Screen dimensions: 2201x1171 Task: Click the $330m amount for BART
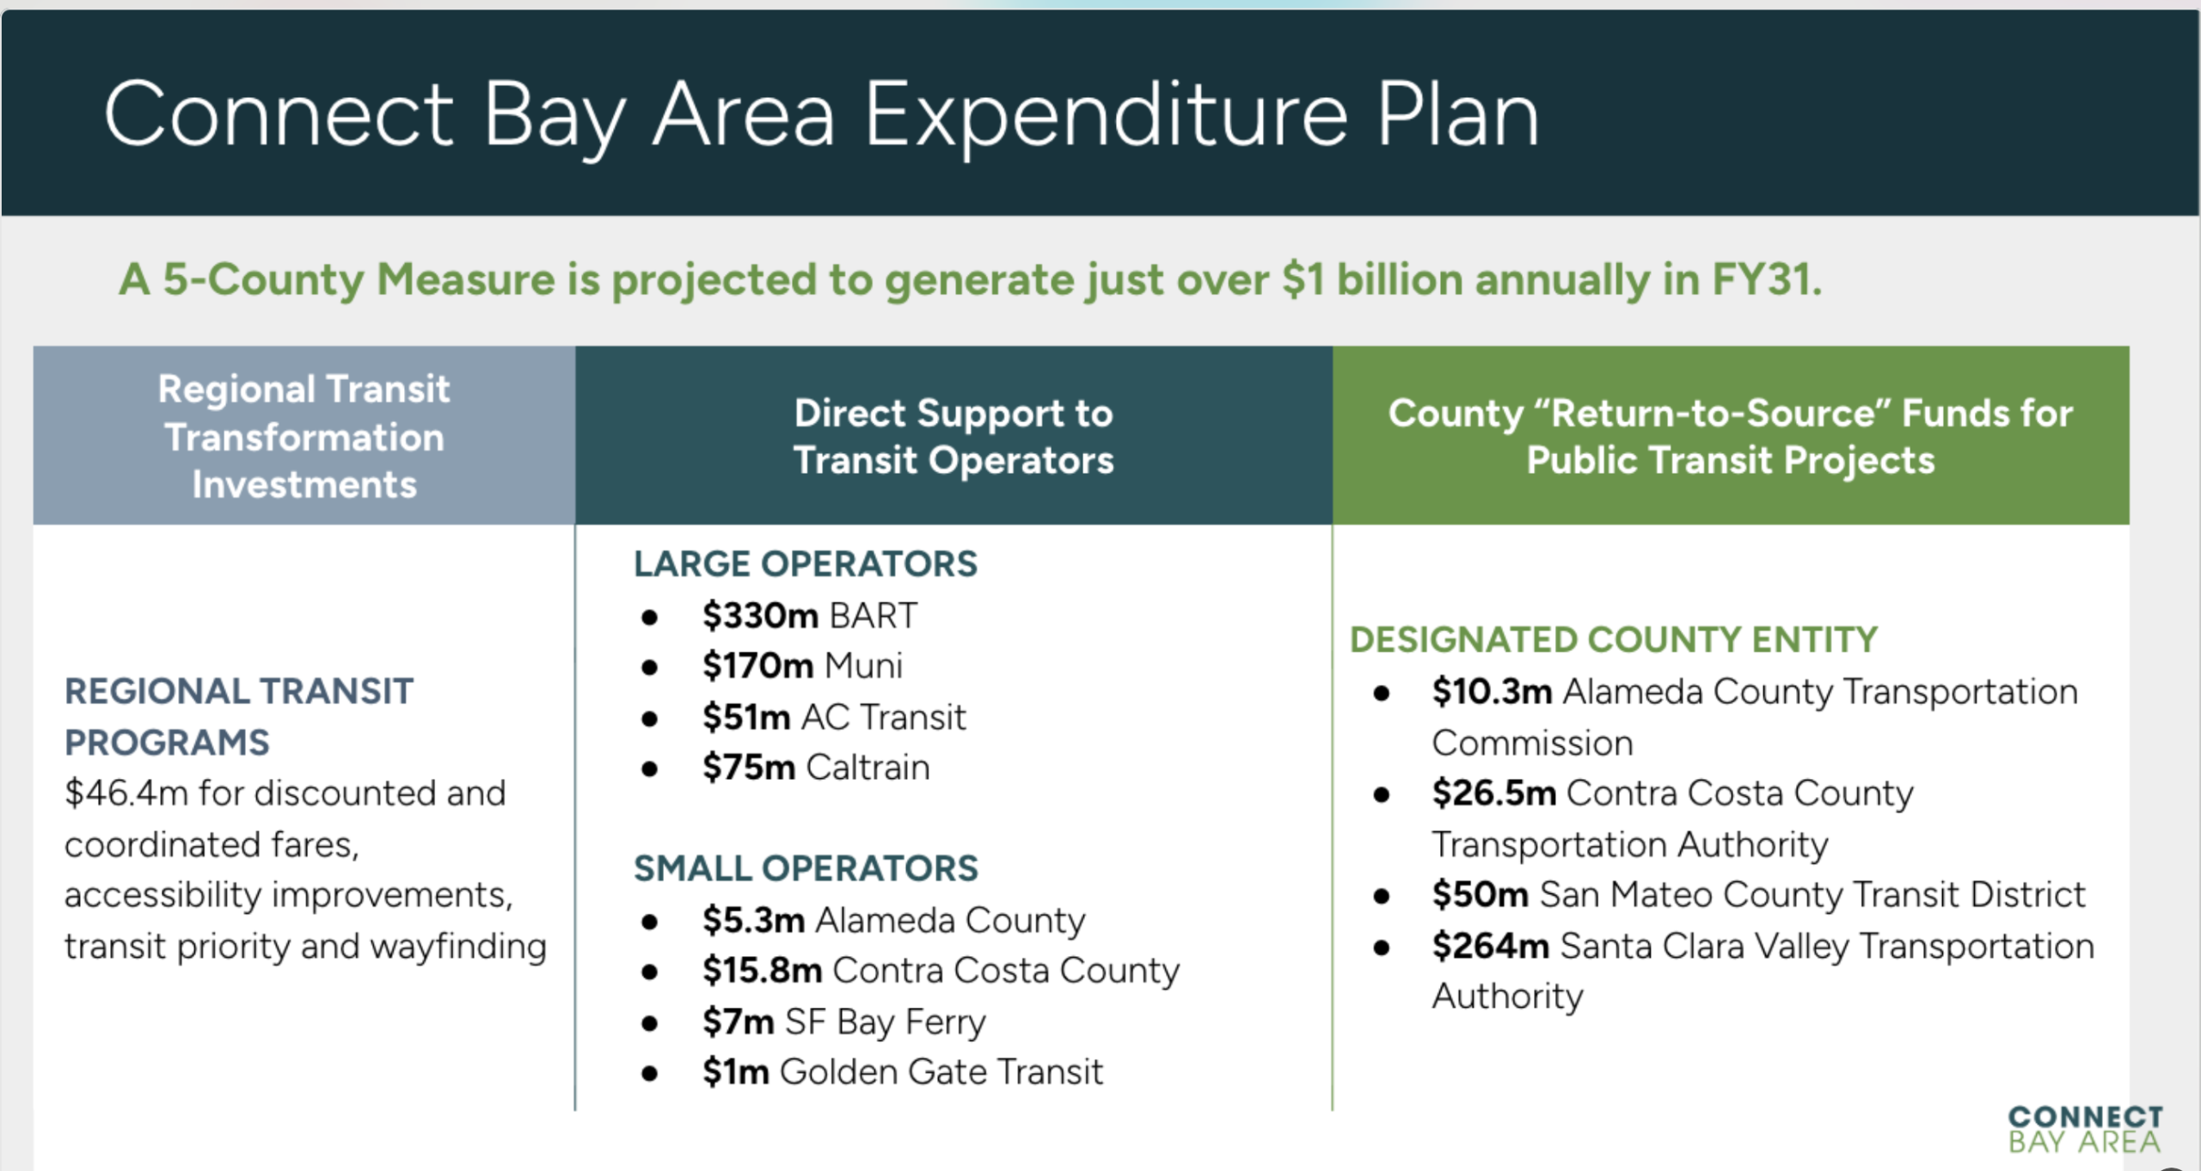(x=760, y=616)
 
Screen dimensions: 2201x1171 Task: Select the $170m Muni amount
(x=757, y=665)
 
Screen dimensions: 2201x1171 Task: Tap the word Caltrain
(x=868, y=767)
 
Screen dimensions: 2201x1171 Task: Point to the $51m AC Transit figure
(x=746, y=717)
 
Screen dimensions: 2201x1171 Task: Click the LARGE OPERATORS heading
(x=806, y=564)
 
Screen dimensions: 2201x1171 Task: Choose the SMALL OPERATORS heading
(x=806, y=868)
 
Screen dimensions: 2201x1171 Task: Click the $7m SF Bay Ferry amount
(x=738, y=1021)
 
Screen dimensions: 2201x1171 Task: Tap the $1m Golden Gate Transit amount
(x=735, y=1072)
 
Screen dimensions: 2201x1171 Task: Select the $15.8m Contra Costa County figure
(x=762, y=971)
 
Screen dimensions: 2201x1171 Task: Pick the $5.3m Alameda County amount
(x=753, y=920)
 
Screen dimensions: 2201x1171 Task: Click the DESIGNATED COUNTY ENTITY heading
(x=1614, y=640)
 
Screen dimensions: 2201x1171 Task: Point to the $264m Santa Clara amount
(x=1491, y=946)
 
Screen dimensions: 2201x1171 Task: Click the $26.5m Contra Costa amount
(x=1494, y=793)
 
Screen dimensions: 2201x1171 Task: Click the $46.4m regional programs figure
(x=126, y=793)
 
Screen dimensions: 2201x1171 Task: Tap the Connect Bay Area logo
(x=2085, y=1129)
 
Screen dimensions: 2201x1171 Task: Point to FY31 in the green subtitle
(x=1766, y=279)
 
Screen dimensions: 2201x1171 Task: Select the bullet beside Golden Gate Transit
(x=650, y=1073)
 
